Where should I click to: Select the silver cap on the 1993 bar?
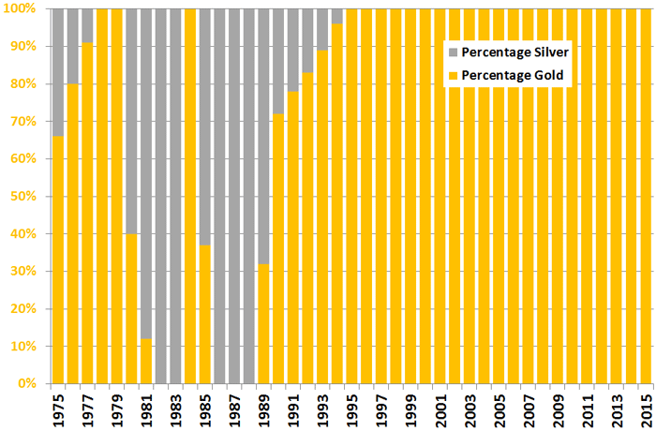pos(323,29)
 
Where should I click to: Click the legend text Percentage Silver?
pos(510,51)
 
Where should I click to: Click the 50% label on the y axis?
pos(23,196)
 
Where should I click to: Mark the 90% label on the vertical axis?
pos(23,46)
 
